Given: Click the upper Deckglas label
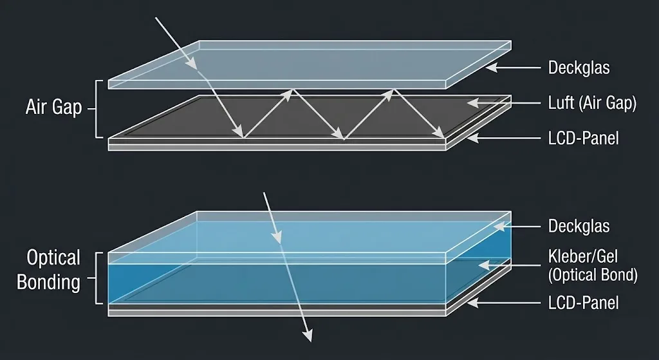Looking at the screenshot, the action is [579, 67].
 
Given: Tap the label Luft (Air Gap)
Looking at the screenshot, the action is [592, 102].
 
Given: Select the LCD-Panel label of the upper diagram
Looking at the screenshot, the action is [583, 138].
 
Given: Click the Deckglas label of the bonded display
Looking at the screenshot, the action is [579, 226].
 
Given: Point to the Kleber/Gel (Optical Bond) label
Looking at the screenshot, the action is [593, 265].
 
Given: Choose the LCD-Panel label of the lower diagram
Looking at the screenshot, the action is [583, 303].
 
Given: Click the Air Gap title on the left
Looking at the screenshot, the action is [53, 108].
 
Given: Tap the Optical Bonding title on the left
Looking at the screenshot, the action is [49, 270].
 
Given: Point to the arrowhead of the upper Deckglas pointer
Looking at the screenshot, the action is [491, 67].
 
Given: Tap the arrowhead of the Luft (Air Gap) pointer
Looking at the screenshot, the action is [473, 102].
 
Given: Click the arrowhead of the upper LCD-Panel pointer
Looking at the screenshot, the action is [473, 138].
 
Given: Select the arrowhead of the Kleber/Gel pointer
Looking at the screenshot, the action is [484, 265].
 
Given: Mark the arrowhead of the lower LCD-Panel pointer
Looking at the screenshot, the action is [473, 303].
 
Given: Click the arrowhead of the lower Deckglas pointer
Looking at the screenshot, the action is [499, 226].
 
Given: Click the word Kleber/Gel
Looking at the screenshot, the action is [583, 256].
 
